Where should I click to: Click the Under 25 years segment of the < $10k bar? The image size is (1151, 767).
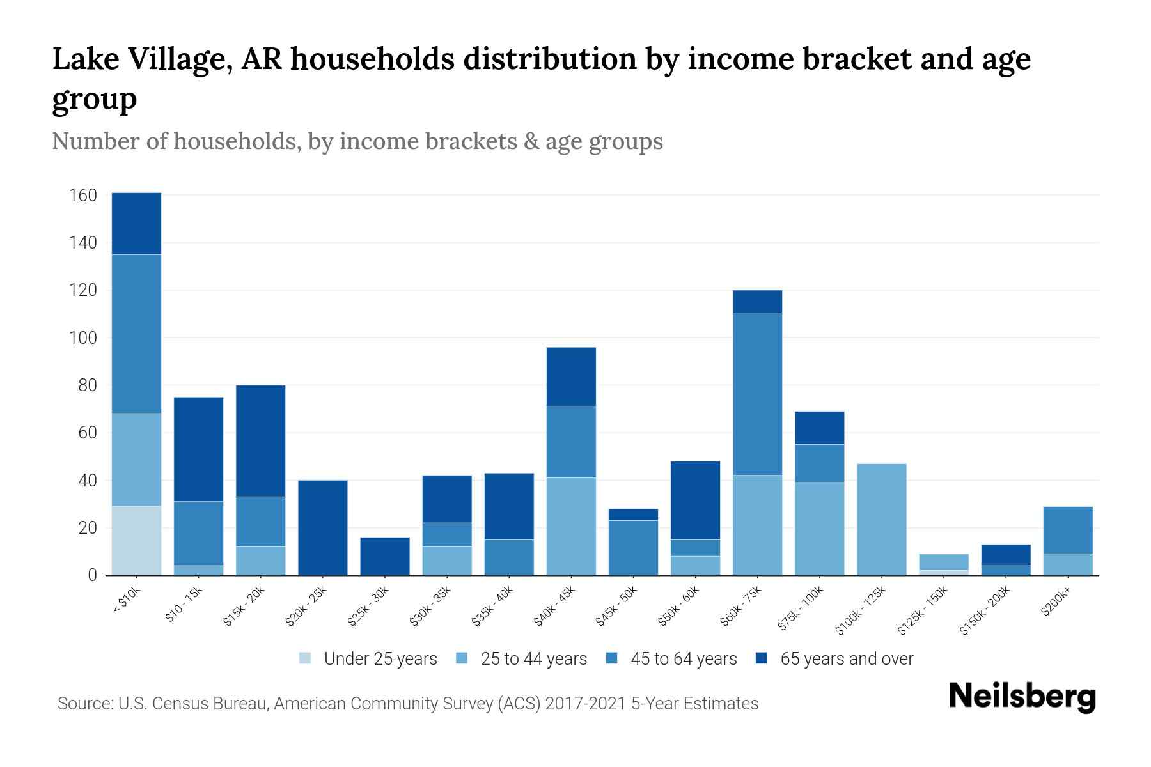coord(136,541)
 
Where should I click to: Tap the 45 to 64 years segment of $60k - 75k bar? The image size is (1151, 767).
coord(757,394)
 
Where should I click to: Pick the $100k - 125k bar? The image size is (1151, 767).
coord(882,519)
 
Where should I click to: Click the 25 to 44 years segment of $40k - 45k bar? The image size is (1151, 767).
coord(571,526)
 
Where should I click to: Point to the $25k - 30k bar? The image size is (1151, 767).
coord(385,556)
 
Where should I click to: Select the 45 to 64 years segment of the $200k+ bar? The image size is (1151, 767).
coord(1068,530)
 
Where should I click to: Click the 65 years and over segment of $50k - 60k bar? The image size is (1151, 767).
coord(695,500)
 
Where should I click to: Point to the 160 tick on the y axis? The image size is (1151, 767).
coord(82,195)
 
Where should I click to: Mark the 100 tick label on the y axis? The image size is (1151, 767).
coord(82,337)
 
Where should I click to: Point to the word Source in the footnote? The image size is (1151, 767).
coord(84,704)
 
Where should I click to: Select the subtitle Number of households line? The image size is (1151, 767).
coord(357,141)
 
